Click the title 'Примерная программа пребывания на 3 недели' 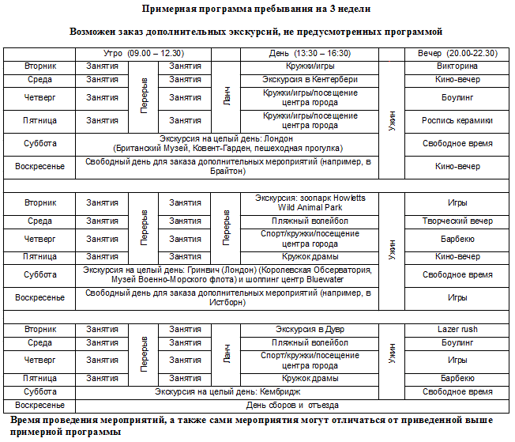pyautogui.click(x=257, y=9)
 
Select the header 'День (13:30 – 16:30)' pyautogui.click(x=310, y=53)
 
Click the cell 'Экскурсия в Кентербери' pyautogui.click(x=310, y=79)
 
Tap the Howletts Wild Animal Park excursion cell pyautogui.click(x=310, y=202)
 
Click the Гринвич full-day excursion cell pyautogui.click(x=227, y=274)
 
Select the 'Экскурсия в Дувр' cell pyautogui.click(x=310, y=329)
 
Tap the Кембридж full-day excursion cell pyautogui.click(x=227, y=391)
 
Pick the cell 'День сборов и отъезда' pyautogui.click(x=310, y=404)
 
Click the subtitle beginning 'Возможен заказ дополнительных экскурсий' pyautogui.click(x=257, y=32)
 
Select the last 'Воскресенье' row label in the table pyautogui.click(x=39, y=404)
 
